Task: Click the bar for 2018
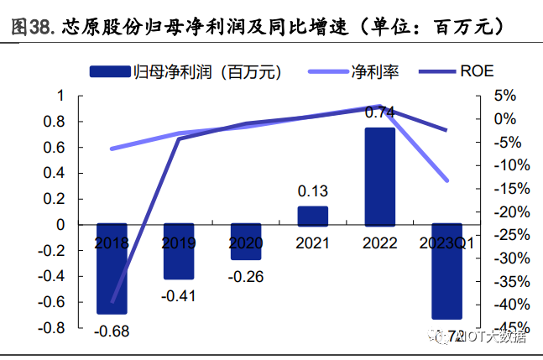pos(112,269)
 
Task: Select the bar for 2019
pos(179,252)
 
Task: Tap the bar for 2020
pos(246,242)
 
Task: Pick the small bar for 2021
pos(313,216)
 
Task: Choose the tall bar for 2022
pos(379,176)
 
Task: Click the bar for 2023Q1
pos(446,271)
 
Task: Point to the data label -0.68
pos(112,331)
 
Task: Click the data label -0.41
pos(179,295)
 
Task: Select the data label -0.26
pos(246,276)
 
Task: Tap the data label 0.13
pos(313,190)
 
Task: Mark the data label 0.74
pos(380,112)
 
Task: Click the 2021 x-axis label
pos(313,243)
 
